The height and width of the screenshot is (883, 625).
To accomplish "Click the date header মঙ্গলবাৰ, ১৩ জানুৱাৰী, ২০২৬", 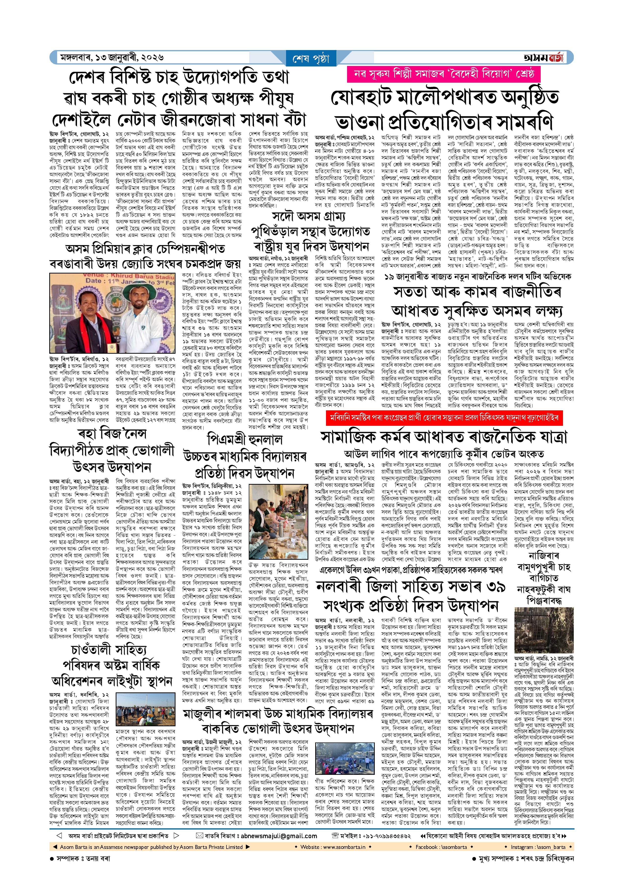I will click(x=112, y=58).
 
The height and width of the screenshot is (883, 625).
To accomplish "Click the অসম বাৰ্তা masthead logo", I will click(x=543, y=58).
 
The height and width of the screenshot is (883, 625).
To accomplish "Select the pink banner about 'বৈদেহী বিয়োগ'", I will click(x=443, y=74).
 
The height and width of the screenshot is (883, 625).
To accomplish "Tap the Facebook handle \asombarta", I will click(x=441, y=847).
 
